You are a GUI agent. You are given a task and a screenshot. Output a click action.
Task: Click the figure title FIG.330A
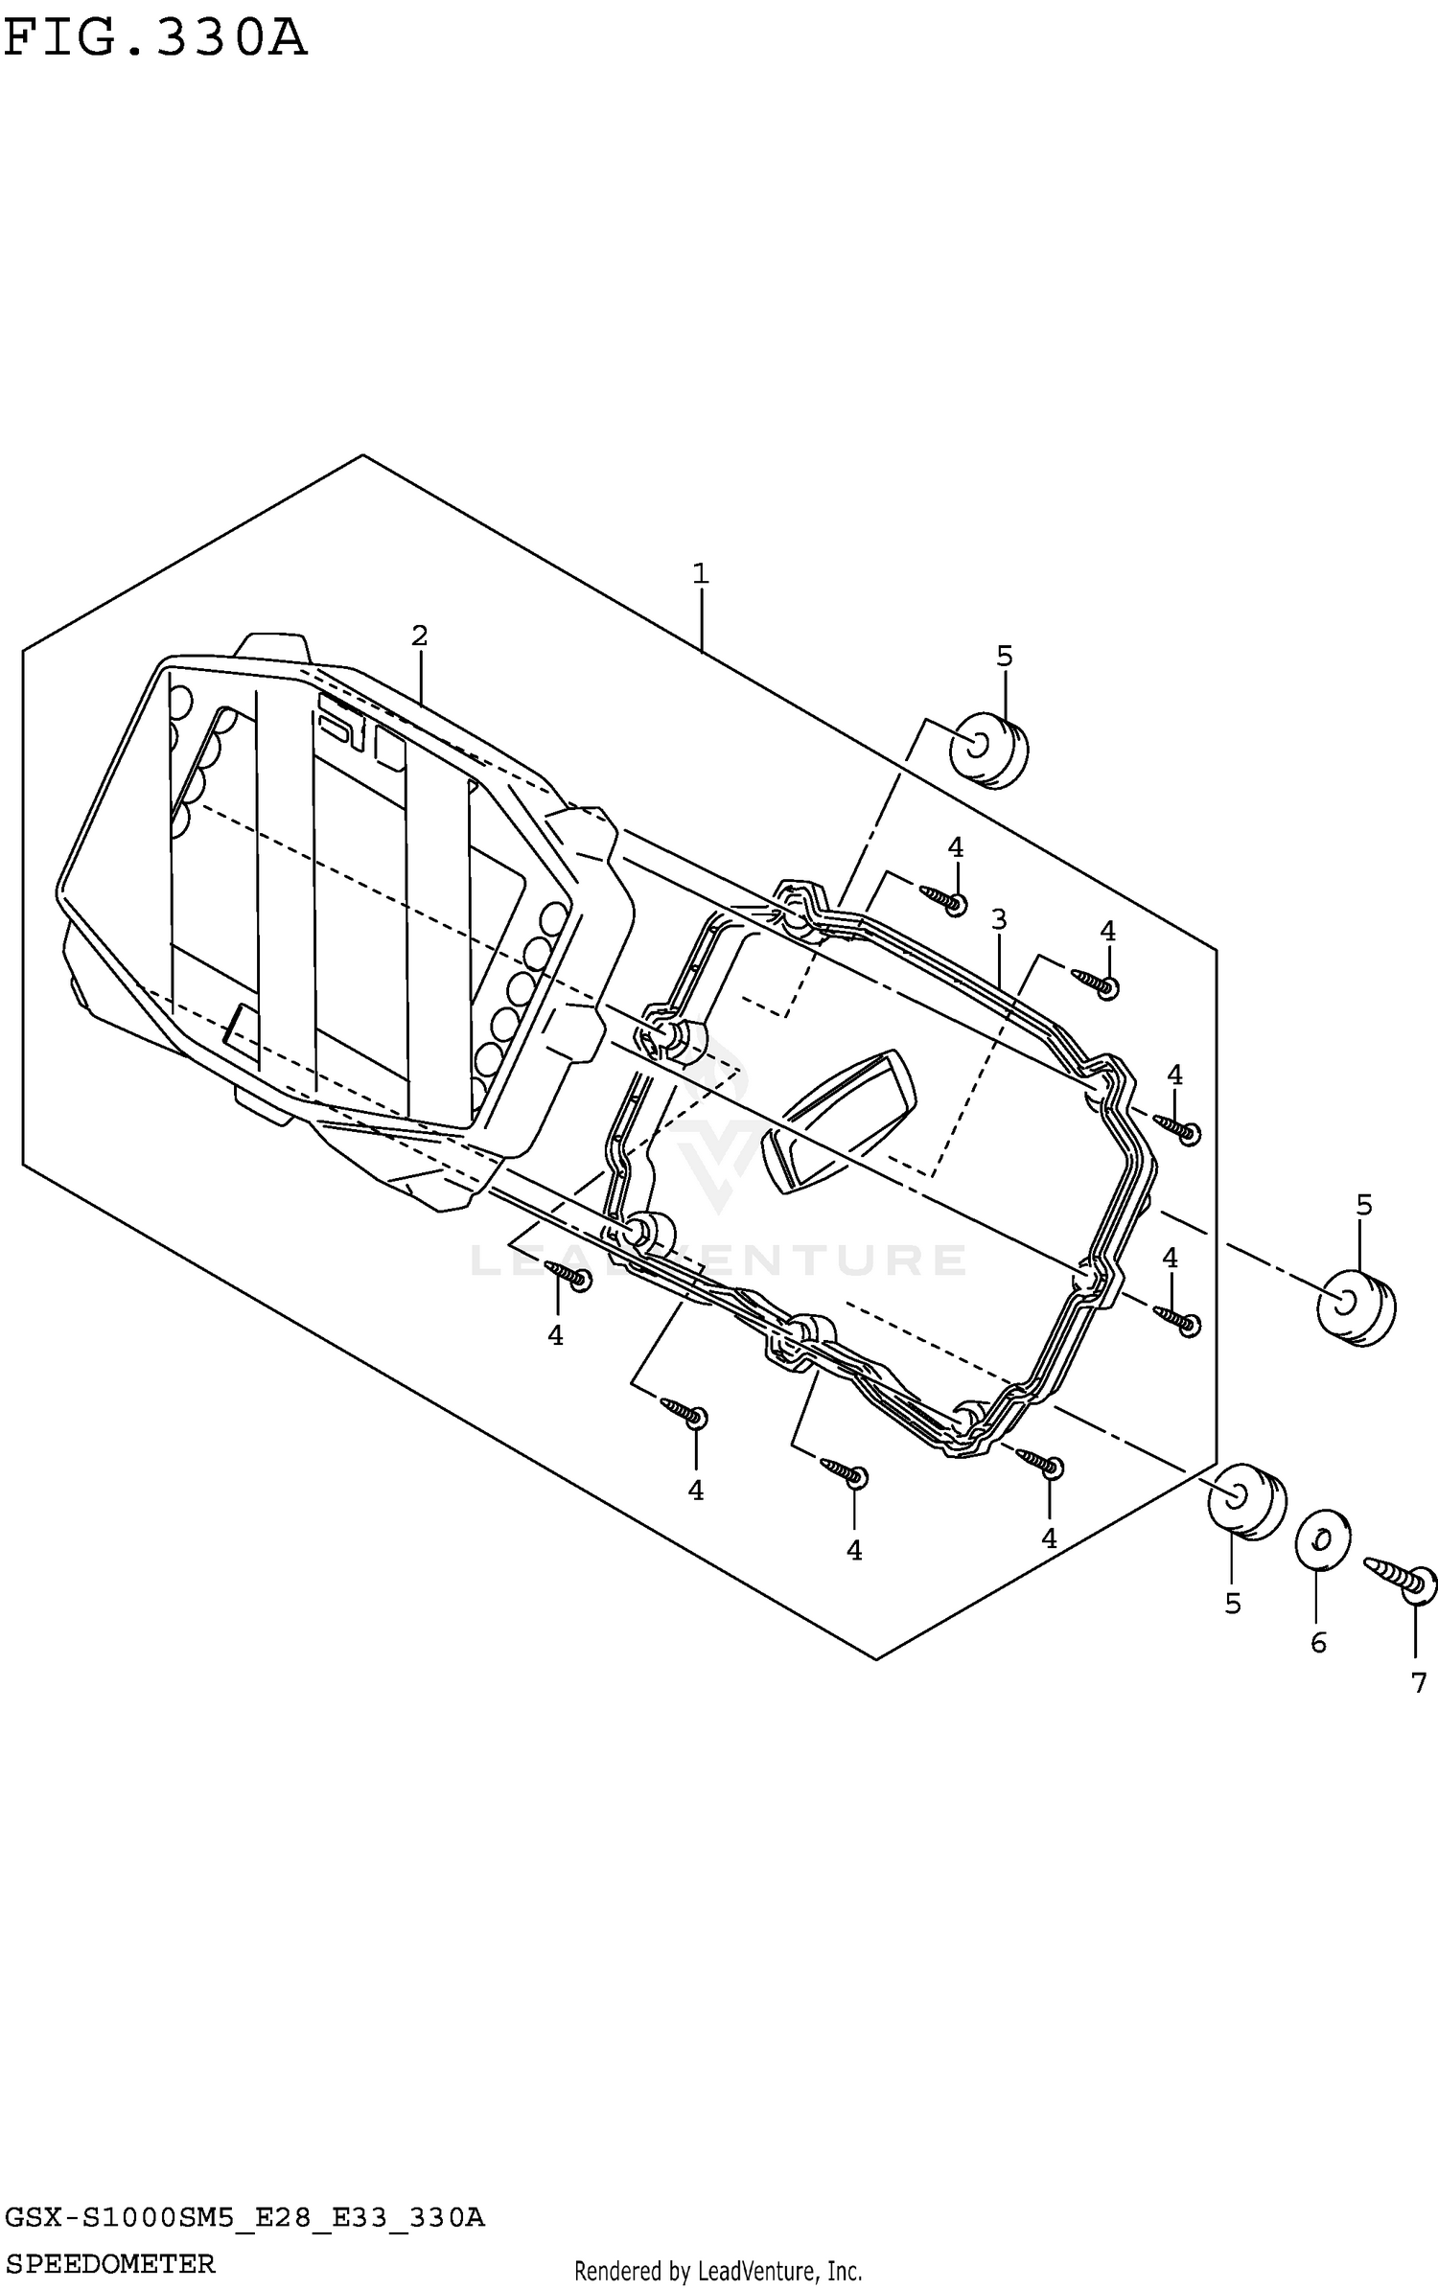[155, 38]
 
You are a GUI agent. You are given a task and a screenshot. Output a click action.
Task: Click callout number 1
[701, 574]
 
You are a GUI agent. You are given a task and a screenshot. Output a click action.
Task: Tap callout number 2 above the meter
[419, 635]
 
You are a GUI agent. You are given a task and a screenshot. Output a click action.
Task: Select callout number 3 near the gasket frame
[999, 920]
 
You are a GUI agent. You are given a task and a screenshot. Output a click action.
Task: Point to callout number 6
[1318, 1643]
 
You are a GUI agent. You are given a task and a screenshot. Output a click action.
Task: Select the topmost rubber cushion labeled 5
[988, 749]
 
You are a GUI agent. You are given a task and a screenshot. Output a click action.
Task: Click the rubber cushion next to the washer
[1246, 1501]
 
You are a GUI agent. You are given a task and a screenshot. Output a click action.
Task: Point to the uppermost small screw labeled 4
[943, 900]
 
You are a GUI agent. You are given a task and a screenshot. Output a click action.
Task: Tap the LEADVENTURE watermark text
[719, 1260]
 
